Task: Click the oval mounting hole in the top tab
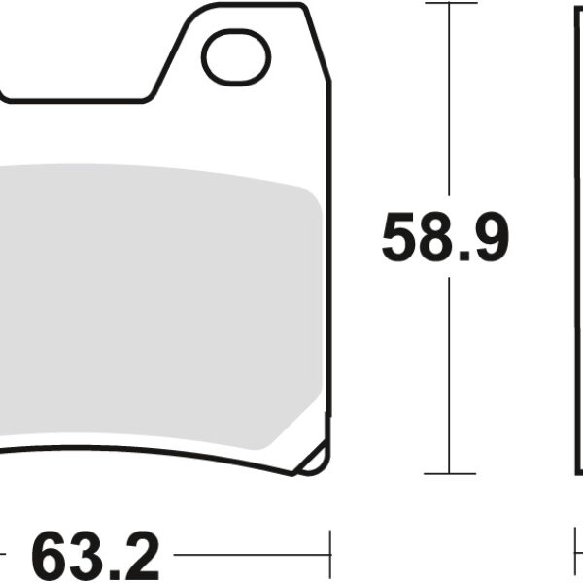[235, 55]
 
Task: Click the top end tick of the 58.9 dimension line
[451, 3]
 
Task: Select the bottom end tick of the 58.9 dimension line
[451, 473]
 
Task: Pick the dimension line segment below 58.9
[451, 369]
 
